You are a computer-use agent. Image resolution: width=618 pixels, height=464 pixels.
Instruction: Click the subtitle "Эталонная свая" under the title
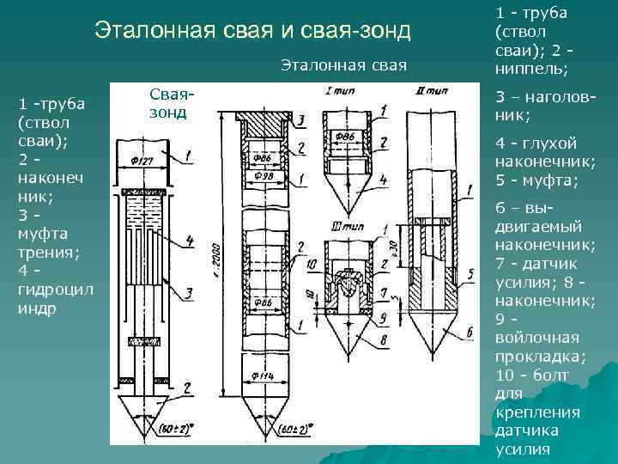tap(343, 65)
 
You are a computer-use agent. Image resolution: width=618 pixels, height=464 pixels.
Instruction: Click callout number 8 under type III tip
tap(382, 340)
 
